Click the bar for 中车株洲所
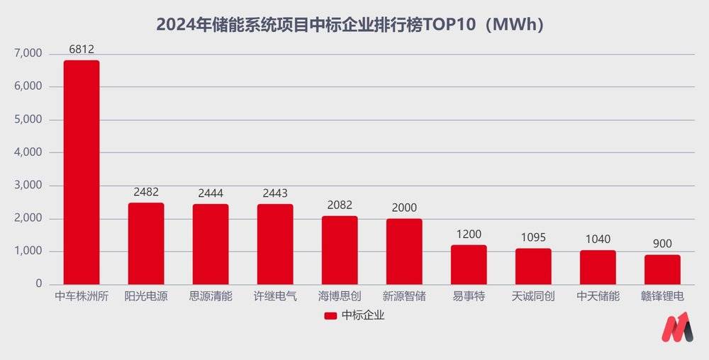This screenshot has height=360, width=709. [82, 172]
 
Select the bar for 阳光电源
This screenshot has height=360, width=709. [146, 244]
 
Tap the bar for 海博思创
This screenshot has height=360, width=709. [340, 250]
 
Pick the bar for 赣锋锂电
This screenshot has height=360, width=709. [662, 269]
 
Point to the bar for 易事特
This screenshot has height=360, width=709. [469, 264]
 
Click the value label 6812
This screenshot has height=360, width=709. [82, 50]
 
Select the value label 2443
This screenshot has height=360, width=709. [275, 193]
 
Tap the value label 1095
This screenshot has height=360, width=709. [533, 237]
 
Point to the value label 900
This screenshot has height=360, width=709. [662, 244]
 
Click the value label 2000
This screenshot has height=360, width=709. [404, 208]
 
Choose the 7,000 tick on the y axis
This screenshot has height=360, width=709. [28, 54]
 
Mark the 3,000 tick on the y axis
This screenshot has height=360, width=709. [28, 186]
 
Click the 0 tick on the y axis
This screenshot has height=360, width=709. [40, 284]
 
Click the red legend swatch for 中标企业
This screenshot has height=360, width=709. [330, 316]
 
